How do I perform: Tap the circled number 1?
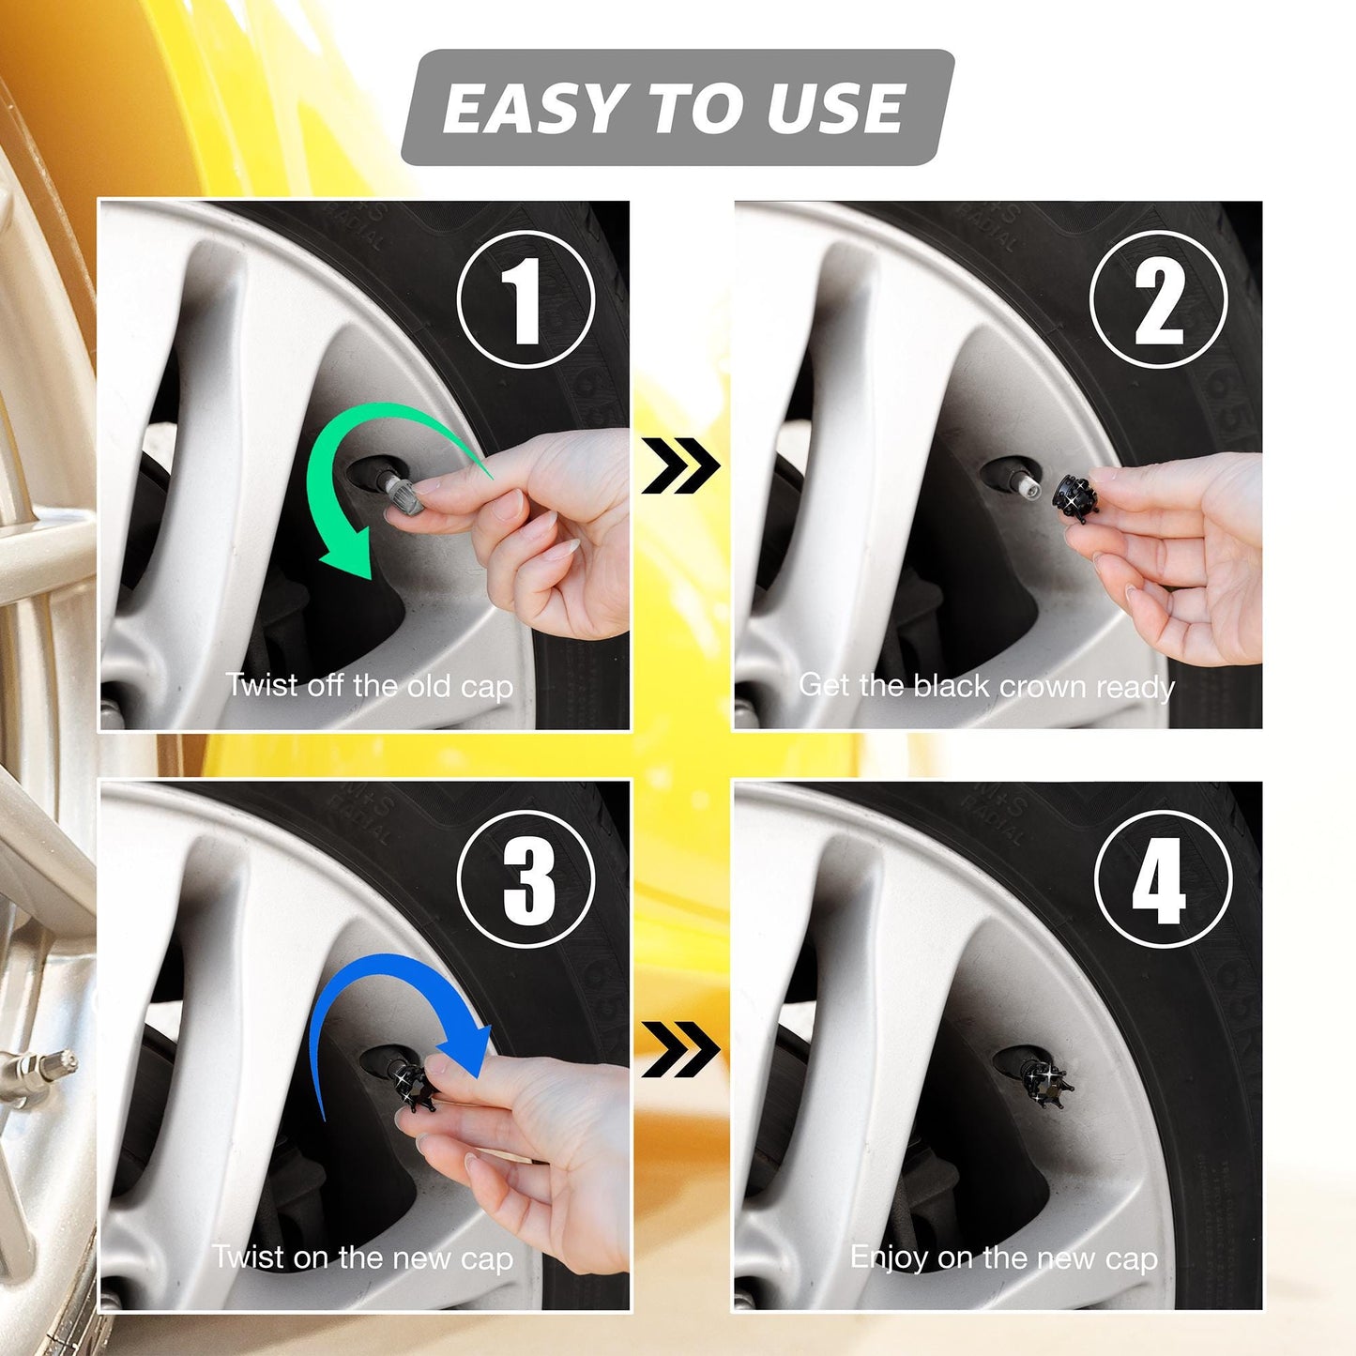[526, 300]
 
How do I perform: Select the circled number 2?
[1159, 300]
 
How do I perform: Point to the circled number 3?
[526, 879]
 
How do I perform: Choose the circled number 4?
[1162, 879]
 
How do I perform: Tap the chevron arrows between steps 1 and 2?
[680, 465]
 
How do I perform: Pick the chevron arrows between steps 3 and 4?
[680, 1048]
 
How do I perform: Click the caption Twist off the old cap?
[369, 686]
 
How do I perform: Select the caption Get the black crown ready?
[986, 686]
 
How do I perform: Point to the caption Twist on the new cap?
[362, 1257]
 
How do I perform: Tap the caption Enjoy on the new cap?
[1003, 1257]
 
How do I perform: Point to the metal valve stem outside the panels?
[38, 1070]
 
